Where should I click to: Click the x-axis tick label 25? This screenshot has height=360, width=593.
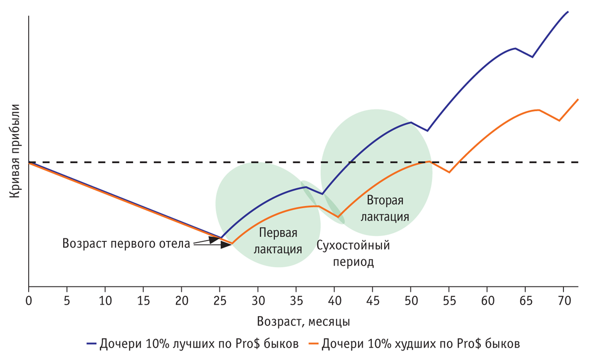tap(220, 300)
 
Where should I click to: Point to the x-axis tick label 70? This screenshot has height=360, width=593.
tap(563, 300)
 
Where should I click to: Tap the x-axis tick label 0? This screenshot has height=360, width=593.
tap(29, 300)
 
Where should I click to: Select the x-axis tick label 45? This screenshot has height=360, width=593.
tap(373, 300)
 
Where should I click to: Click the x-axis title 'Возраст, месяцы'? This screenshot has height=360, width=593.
tap(303, 322)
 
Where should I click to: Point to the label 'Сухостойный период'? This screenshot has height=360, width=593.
tap(353, 254)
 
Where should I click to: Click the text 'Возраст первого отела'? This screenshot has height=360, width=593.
tap(126, 243)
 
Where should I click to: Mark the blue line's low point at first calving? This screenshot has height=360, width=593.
tap(220, 238)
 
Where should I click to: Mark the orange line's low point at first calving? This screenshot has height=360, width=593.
tap(232, 243)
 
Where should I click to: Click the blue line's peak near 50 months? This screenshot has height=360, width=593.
tap(411, 122)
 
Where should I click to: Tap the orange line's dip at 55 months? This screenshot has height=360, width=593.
tap(449, 172)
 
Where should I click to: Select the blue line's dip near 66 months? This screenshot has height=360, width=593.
tap(532, 57)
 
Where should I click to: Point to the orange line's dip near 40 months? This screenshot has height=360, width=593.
tap(339, 217)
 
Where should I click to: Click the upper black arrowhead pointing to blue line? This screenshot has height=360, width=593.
tap(214, 239)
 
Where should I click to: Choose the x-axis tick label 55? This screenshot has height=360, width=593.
tap(449, 300)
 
